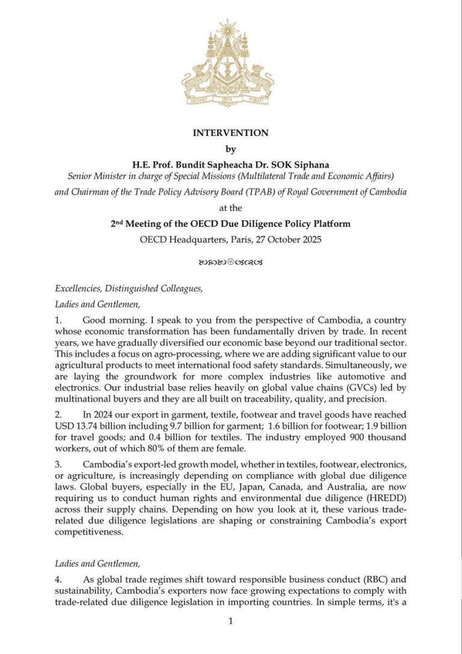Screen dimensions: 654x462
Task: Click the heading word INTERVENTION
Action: tap(230, 133)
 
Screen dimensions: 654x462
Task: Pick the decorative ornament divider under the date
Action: tap(230, 262)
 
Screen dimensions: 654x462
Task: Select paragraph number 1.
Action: tap(58, 319)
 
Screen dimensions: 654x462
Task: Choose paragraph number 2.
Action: tap(58, 415)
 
